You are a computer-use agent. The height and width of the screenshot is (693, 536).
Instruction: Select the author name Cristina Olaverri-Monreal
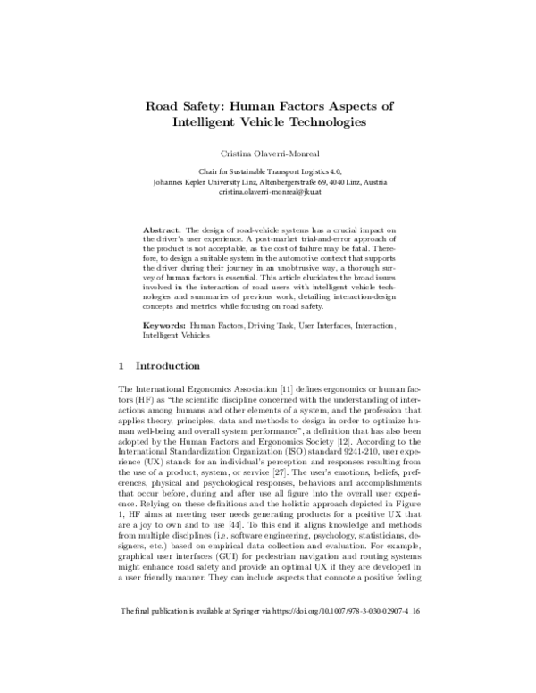click(x=267, y=153)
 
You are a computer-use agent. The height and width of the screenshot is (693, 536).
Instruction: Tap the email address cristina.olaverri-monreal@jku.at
click(x=268, y=194)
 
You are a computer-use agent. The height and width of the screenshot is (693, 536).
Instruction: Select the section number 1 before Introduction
click(x=121, y=366)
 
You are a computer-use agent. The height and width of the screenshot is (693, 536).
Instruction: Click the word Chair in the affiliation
click(x=207, y=169)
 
